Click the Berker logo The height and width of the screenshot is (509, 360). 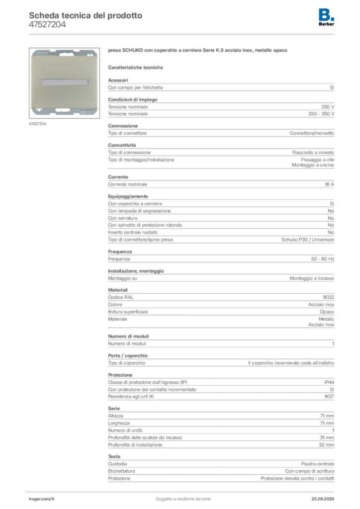pos(326,17)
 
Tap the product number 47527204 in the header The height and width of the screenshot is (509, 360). pos(47,25)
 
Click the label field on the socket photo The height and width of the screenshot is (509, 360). pos(65,83)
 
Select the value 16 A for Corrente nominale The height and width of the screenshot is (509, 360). pos(330,184)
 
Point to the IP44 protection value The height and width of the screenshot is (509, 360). pos(329,382)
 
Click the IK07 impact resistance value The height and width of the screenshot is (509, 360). pos(329,396)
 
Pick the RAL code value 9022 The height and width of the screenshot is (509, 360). pos(329,297)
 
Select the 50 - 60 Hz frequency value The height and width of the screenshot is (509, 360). pos(323,259)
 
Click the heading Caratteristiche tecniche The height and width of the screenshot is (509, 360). pos(135,68)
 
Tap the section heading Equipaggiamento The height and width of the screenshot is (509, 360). pos(128,196)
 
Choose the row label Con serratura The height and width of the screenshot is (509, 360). pos(123,218)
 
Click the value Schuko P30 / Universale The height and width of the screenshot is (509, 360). pos(308,240)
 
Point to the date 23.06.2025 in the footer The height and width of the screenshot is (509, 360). pos(323,499)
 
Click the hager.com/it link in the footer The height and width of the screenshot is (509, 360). pos(42,499)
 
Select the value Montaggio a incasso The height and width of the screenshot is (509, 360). pos(312,278)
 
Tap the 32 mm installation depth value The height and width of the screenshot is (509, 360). pos(327,445)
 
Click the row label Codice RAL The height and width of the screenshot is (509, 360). pos(121,297)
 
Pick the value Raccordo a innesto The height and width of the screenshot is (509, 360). pos(313,153)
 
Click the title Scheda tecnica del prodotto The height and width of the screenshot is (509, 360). pos(86,15)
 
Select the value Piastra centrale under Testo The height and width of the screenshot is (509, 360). pos(317,464)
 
